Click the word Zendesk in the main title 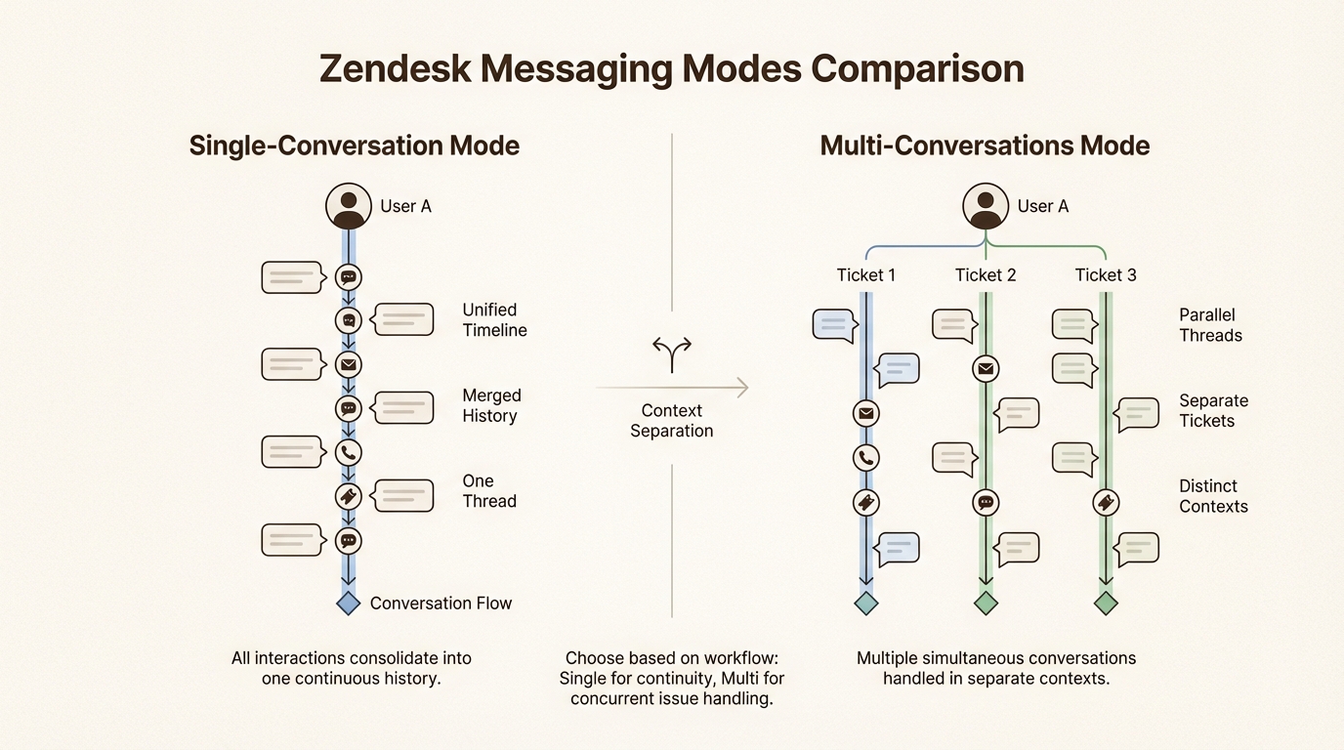396,70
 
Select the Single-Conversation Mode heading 354,146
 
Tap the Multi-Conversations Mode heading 985,146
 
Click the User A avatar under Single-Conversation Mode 349,206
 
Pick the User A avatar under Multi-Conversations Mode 986,206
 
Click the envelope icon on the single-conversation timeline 349,364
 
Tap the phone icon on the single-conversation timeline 349,452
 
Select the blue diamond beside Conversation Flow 349,603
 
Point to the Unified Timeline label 494,320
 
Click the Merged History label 491,405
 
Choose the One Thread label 489,491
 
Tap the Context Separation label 672,421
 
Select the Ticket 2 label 986,275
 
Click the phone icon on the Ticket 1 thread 866,457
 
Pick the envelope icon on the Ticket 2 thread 986,368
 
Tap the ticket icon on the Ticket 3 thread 1105,502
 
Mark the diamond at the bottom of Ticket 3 1105,603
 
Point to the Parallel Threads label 1210,325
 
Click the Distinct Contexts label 1213,496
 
